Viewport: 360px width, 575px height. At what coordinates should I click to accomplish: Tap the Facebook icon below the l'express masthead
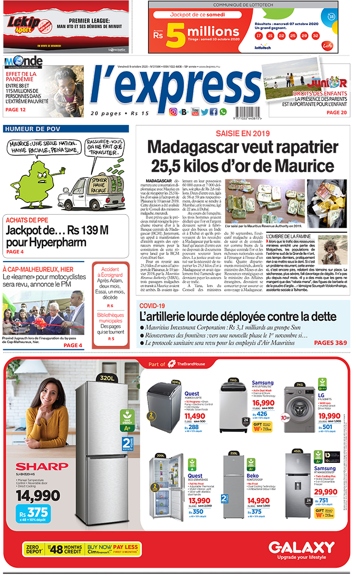tap(213, 112)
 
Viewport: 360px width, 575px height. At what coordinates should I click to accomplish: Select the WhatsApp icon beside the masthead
tap(223, 112)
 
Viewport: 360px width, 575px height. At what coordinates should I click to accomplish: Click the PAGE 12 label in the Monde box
tap(15, 109)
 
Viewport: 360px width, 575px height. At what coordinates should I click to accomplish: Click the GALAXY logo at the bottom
tap(301, 547)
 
